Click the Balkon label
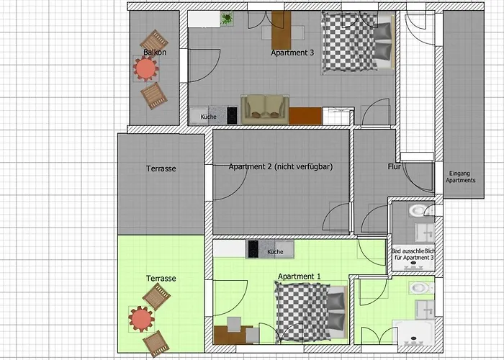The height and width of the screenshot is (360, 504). (x=155, y=52)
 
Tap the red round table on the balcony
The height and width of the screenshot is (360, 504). (x=146, y=68)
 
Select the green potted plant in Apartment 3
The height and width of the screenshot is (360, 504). (x=227, y=18)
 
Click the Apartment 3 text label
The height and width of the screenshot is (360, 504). (x=292, y=53)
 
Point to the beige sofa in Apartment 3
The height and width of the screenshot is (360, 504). (x=265, y=109)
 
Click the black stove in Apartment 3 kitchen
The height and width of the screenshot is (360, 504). (x=232, y=115)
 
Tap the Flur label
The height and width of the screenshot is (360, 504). (x=394, y=166)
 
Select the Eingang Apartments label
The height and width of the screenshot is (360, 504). (x=460, y=177)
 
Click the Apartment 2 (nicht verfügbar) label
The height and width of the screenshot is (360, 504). (x=281, y=166)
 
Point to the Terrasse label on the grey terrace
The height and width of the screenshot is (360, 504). (x=161, y=168)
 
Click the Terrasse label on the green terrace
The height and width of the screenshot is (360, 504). (x=161, y=279)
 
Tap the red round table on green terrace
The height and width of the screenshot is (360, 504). (x=141, y=319)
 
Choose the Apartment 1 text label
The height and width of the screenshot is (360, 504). (x=300, y=276)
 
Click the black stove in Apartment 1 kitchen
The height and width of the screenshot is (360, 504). (x=253, y=249)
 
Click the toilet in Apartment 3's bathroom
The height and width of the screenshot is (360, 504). (x=420, y=210)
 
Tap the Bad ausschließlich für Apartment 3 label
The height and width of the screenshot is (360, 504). (x=414, y=254)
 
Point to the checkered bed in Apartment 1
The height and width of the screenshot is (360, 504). (x=311, y=312)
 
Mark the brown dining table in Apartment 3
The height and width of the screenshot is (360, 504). (x=282, y=30)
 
